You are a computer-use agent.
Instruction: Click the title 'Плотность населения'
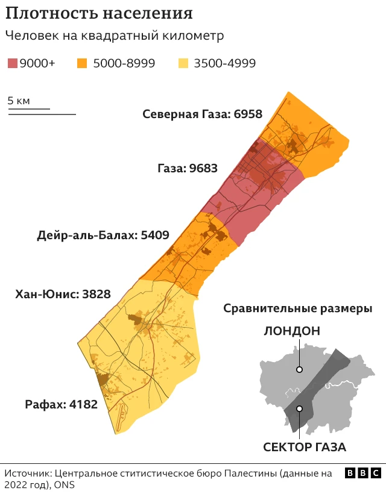click(x=100, y=13)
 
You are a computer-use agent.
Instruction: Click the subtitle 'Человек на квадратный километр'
click(x=115, y=36)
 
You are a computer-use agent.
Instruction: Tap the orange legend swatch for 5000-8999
click(x=82, y=63)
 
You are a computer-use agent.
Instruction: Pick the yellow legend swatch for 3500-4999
click(x=185, y=63)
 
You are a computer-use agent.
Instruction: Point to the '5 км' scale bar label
click(x=19, y=101)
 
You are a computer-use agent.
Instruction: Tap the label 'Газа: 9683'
click(x=188, y=168)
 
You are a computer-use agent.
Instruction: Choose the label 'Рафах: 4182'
click(x=61, y=404)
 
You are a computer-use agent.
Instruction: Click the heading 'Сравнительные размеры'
click(x=297, y=308)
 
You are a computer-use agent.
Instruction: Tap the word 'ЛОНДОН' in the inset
click(x=291, y=331)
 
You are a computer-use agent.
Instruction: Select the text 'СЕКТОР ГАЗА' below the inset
click(x=305, y=448)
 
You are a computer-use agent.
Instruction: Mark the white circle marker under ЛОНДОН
click(x=299, y=370)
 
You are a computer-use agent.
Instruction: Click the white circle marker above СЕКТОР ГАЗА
click(x=299, y=409)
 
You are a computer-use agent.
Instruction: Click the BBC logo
click(x=362, y=474)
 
